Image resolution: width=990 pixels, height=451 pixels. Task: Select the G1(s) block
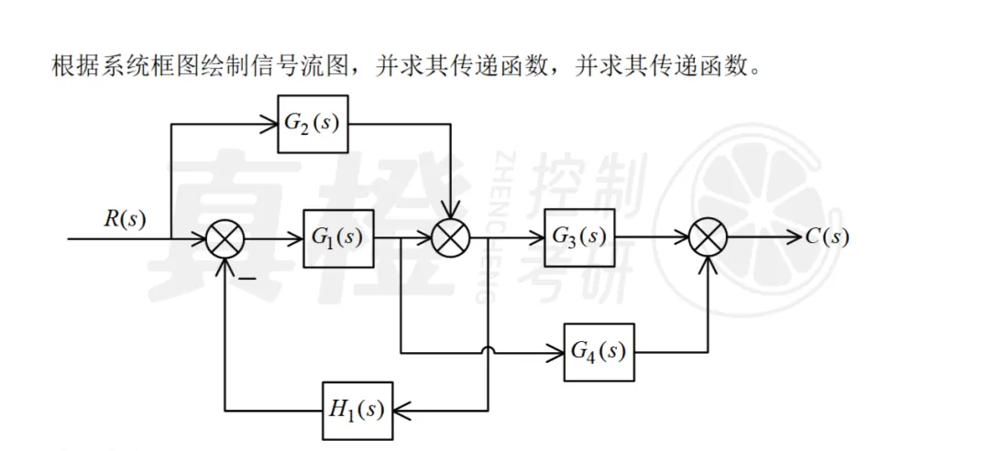click(x=338, y=237)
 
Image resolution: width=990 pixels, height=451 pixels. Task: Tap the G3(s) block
click(x=579, y=236)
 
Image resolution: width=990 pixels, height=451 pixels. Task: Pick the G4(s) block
click(x=599, y=351)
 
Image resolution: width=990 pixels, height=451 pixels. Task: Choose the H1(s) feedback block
click(x=357, y=409)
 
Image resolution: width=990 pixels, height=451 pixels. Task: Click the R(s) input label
click(x=125, y=218)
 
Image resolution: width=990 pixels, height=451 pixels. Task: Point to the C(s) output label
click(x=828, y=237)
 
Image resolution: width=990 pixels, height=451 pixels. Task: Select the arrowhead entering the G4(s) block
click(x=557, y=351)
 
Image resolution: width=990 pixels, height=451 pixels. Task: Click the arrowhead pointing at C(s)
click(x=795, y=238)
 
